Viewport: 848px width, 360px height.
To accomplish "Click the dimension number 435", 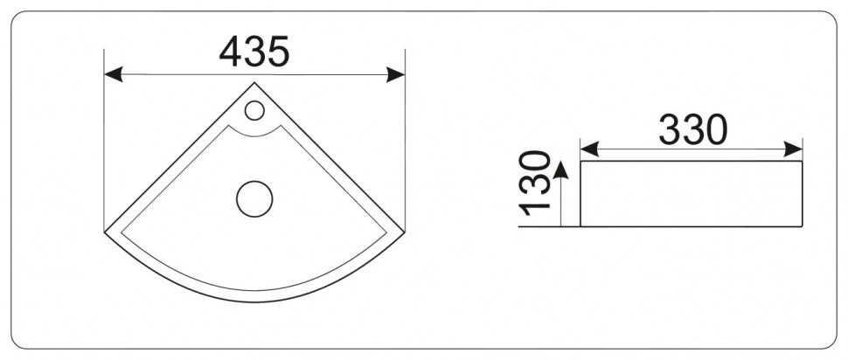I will tap(254, 52).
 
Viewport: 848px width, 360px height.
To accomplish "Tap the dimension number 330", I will tap(692, 130).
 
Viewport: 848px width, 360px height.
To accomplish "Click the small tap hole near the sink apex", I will tap(254, 110).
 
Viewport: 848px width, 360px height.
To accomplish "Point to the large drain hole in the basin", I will tap(254, 197).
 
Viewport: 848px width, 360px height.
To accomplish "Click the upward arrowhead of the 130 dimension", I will tap(561, 167).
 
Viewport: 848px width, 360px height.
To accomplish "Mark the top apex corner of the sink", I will tap(254, 83).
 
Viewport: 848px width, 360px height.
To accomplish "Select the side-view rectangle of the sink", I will tap(692, 193).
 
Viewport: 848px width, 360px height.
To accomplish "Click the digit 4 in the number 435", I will tap(231, 52).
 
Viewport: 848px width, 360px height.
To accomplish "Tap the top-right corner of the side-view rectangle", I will tap(803, 161).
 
